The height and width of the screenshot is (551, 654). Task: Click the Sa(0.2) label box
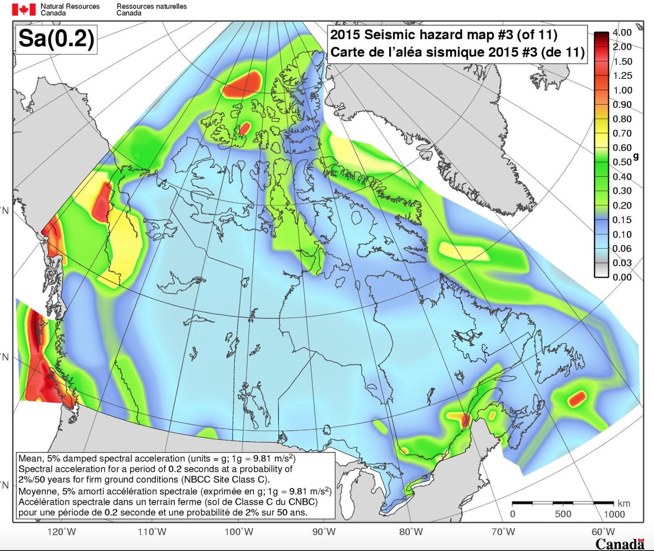click(x=56, y=39)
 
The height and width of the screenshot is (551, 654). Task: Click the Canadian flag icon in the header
click(x=23, y=9)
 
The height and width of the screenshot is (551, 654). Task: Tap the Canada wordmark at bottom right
click(x=620, y=543)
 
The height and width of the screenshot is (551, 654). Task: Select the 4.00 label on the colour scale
click(x=622, y=33)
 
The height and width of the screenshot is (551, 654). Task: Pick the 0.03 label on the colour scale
click(x=622, y=262)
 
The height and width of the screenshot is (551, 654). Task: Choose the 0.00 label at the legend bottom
click(x=622, y=277)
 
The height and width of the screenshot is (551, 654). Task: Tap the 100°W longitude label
click(x=239, y=531)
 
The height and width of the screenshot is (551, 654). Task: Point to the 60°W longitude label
click(x=603, y=531)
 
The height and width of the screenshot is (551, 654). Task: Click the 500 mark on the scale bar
click(x=563, y=514)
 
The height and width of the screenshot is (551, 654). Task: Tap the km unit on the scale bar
click(x=623, y=504)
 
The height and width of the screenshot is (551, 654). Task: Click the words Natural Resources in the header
click(x=70, y=7)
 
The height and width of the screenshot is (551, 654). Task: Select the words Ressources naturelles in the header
click(x=152, y=7)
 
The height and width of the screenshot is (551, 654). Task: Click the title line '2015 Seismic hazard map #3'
click(x=444, y=35)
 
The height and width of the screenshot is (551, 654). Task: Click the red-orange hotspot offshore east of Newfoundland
click(x=576, y=399)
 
